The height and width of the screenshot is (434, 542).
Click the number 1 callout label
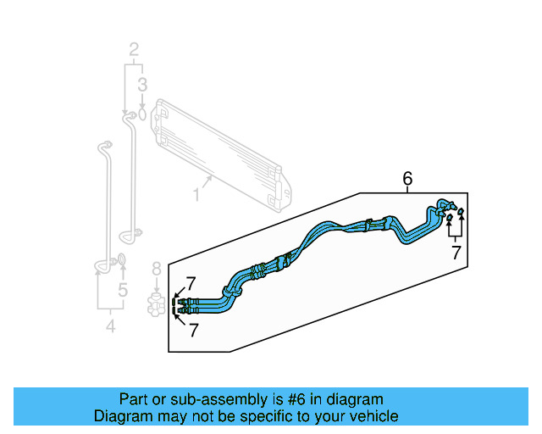196,195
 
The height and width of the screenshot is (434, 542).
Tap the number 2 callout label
133,51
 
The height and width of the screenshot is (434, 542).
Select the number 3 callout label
142,84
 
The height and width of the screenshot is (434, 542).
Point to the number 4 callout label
110,326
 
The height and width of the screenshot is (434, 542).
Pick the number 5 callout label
122,292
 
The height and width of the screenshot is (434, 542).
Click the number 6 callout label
407,179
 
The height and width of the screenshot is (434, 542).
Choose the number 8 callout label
156,270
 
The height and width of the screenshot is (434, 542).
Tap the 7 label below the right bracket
456,252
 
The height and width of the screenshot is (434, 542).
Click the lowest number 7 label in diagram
193,330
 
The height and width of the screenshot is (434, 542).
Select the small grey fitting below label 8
156,304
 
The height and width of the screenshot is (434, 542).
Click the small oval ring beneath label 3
142,112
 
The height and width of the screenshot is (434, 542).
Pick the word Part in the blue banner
134,399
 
